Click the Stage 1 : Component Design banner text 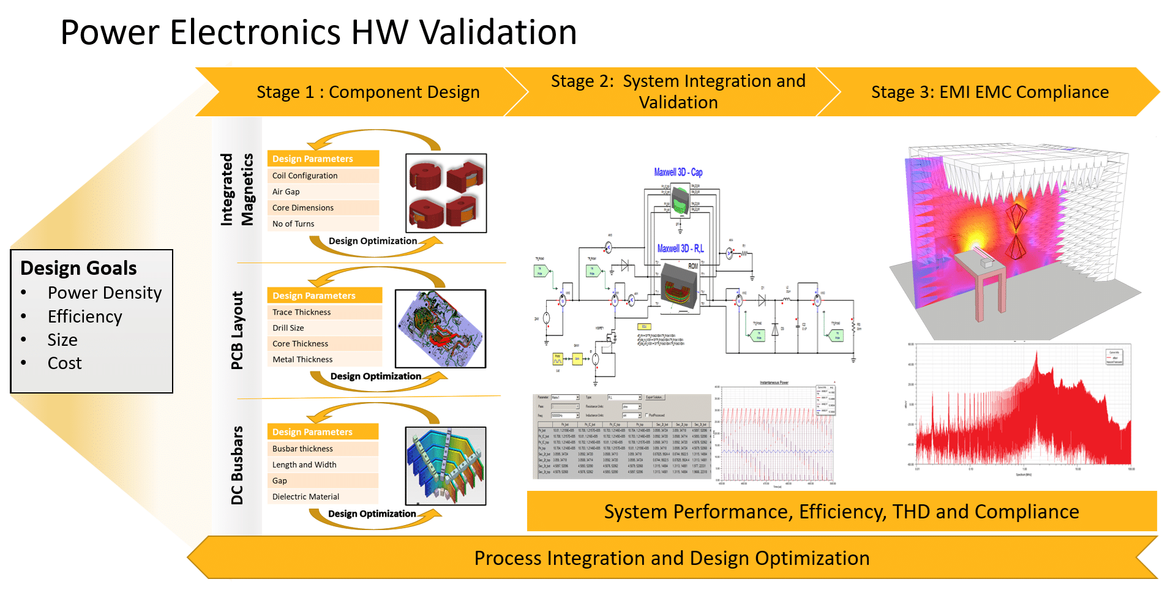point(368,92)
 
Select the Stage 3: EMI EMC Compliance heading point(989,92)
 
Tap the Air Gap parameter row point(286,192)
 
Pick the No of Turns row point(293,224)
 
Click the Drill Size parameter point(288,328)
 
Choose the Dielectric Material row point(305,497)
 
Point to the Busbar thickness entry point(302,449)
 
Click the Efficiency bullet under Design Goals point(84,316)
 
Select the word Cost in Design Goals point(64,364)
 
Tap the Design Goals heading point(78,268)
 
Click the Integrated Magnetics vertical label point(236,190)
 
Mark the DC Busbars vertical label point(237,465)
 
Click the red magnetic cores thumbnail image point(446,193)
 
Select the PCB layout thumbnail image point(440,329)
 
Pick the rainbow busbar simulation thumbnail point(445,466)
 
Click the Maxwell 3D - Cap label point(678,173)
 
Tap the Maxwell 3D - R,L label point(680,248)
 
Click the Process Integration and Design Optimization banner point(672,558)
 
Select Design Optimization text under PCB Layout point(375,376)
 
